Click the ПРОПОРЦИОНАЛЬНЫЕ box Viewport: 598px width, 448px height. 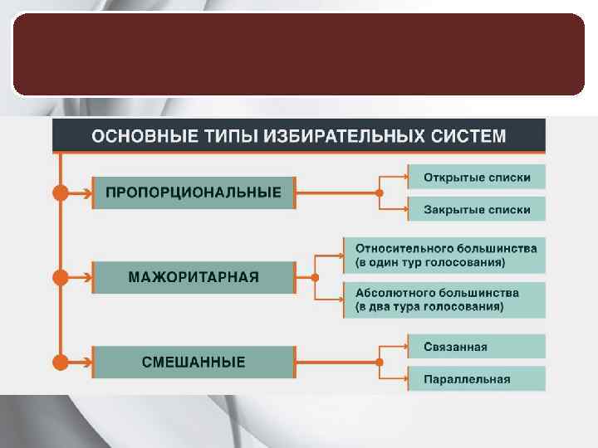tap(194, 192)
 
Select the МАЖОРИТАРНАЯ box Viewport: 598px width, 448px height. tap(194, 277)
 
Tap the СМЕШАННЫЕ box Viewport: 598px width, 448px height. tap(194, 362)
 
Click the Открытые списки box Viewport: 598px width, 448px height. tap(477, 177)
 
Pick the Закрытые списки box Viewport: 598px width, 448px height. tap(477, 209)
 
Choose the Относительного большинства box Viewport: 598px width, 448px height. tap(445, 255)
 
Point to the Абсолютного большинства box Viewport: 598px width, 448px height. tap(445, 299)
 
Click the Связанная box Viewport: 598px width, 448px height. tap(477, 346)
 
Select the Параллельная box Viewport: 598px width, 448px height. tap(477, 379)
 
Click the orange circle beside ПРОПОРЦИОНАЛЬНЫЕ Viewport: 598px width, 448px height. tap(61, 192)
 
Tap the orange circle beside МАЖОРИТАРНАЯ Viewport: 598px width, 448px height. tap(61, 277)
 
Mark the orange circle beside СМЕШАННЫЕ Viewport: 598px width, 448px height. tap(61, 362)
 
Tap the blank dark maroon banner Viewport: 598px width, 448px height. tap(299, 53)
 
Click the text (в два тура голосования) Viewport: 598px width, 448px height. tap(429, 306)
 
